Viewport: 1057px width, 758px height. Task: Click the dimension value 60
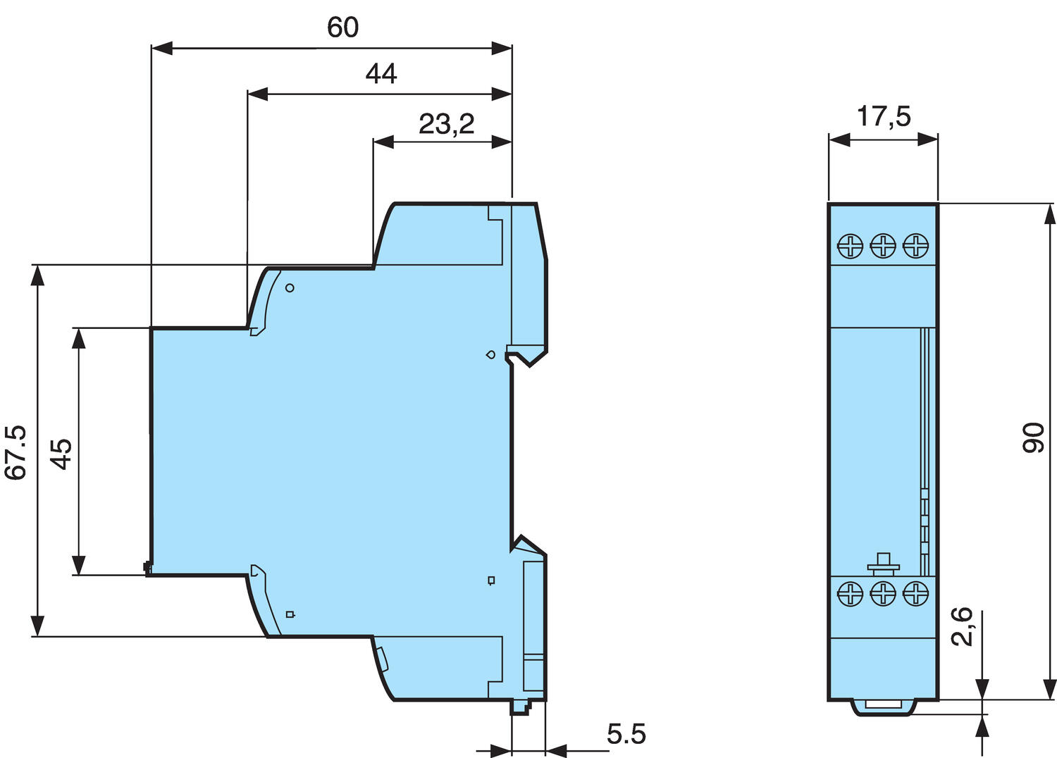click(342, 27)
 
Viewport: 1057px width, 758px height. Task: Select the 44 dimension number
click(381, 73)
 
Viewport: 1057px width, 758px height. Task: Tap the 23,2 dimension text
click(446, 124)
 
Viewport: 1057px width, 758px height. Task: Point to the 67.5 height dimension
click(15, 453)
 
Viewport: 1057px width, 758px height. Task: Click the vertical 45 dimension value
click(61, 454)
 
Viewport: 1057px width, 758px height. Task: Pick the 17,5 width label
click(884, 116)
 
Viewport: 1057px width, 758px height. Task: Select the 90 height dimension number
click(1034, 438)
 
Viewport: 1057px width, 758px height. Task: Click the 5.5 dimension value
click(626, 734)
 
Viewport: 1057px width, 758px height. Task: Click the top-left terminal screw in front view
click(850, 246)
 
